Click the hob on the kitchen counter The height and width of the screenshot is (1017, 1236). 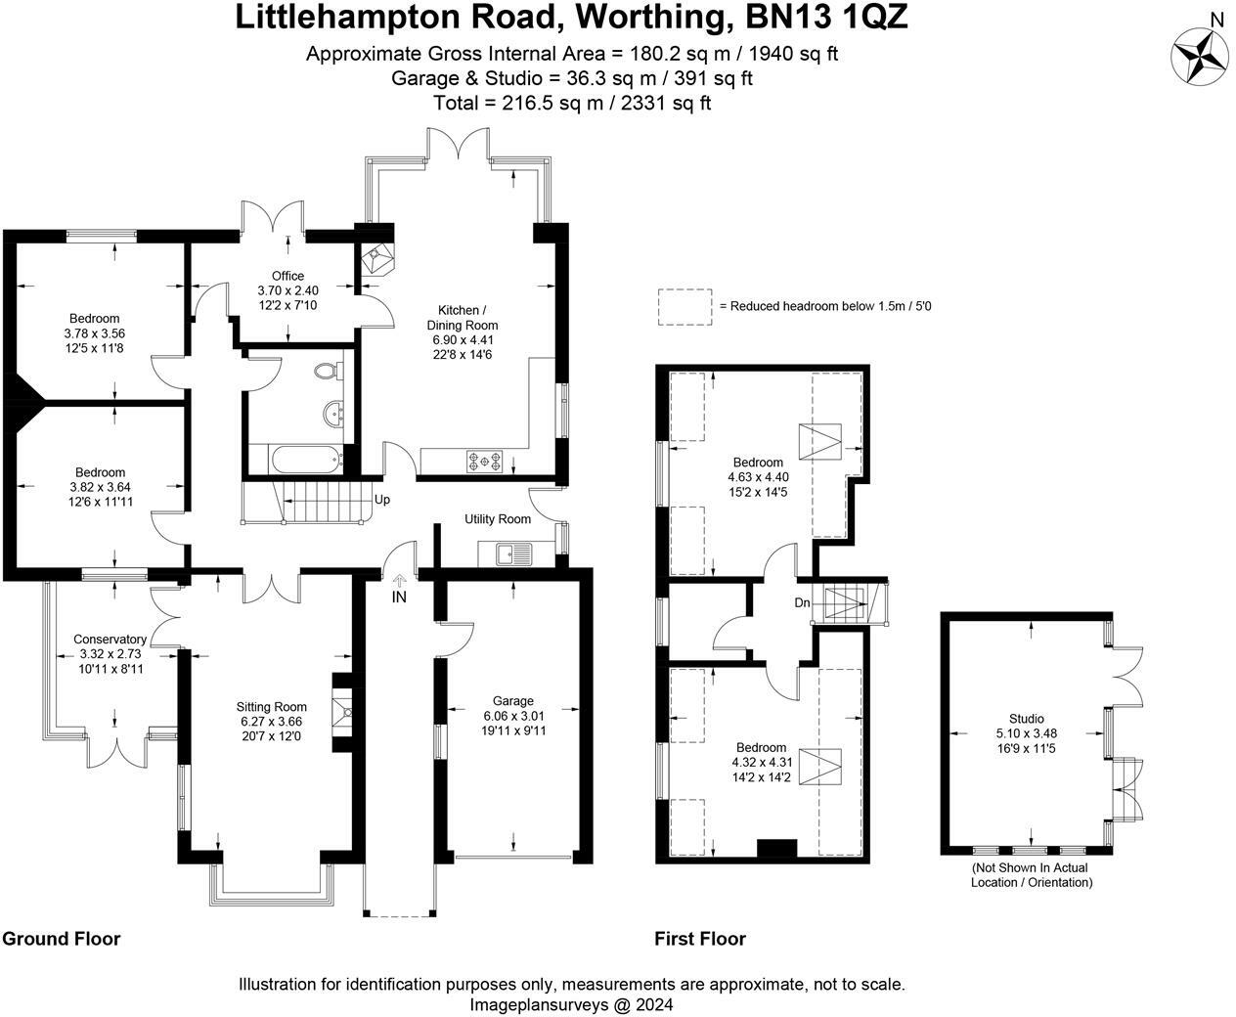[484, 460]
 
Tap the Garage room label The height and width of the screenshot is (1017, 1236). [512, 700]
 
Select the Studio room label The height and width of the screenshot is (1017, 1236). [1026, 719]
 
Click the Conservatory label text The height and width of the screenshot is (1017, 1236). [110, 640]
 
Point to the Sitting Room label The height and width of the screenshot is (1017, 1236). [271, 707]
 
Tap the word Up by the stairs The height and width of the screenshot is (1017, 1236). [382, 500]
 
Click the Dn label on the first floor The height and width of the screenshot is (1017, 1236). [802, 602]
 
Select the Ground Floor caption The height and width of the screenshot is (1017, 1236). [61, 939]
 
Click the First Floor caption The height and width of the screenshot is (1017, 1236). [700, 939]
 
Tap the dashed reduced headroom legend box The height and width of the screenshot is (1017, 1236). [684, 306]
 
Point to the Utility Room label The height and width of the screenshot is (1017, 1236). [498, 519]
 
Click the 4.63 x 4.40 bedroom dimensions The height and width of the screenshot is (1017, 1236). [758, 477]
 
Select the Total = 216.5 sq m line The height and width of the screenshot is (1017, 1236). [572, 103]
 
